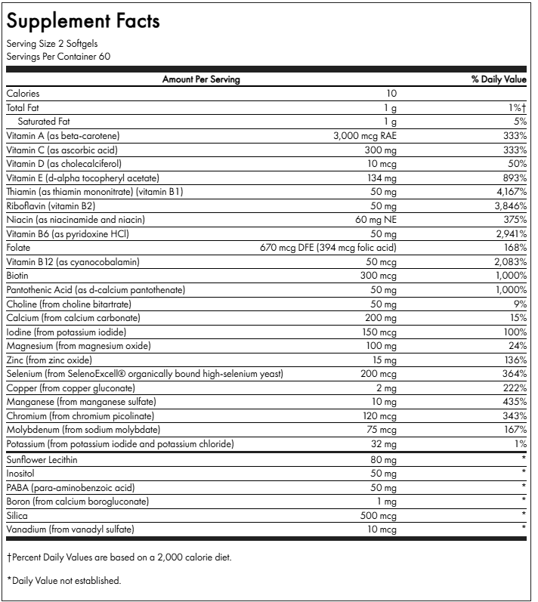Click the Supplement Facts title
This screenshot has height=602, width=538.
[x=83, y=21]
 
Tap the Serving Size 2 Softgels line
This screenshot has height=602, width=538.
[x=52, y=44]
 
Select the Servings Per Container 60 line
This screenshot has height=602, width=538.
[x=58, y=56]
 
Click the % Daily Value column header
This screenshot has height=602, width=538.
[x=499, y=79]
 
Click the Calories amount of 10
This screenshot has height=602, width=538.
[x=391, y=94]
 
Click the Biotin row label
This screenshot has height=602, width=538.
[x=17, y=276]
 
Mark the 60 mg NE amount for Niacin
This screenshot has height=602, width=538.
[x=373, y=220]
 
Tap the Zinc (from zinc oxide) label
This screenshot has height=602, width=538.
[x=49, y=360]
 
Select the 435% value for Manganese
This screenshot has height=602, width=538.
[x=513, y=402]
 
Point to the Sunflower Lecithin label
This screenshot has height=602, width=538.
[x=42, y=459]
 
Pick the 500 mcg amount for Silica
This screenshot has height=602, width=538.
[x=377, y=515]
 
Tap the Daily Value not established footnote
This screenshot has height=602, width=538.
[x=64, y=580]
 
